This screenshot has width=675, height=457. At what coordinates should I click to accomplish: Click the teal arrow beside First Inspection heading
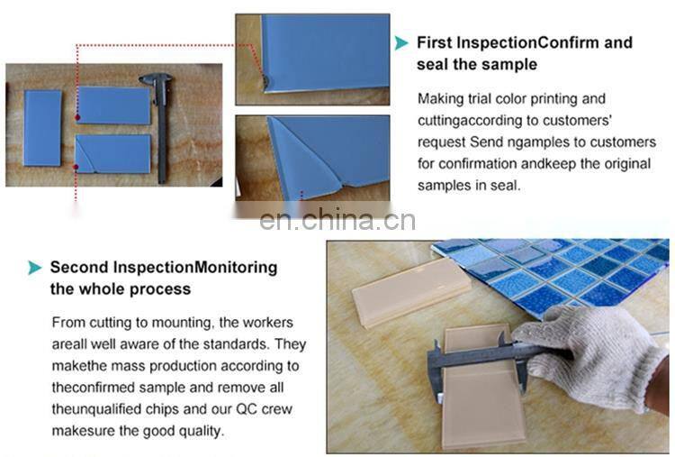401,42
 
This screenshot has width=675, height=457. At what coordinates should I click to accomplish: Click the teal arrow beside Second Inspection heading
35,268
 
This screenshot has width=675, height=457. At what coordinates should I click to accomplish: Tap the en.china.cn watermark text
337,219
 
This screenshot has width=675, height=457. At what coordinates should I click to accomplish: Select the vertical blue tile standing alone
42,128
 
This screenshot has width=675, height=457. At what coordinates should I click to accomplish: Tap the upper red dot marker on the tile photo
77,117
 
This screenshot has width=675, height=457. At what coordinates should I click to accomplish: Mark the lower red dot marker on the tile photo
76,168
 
